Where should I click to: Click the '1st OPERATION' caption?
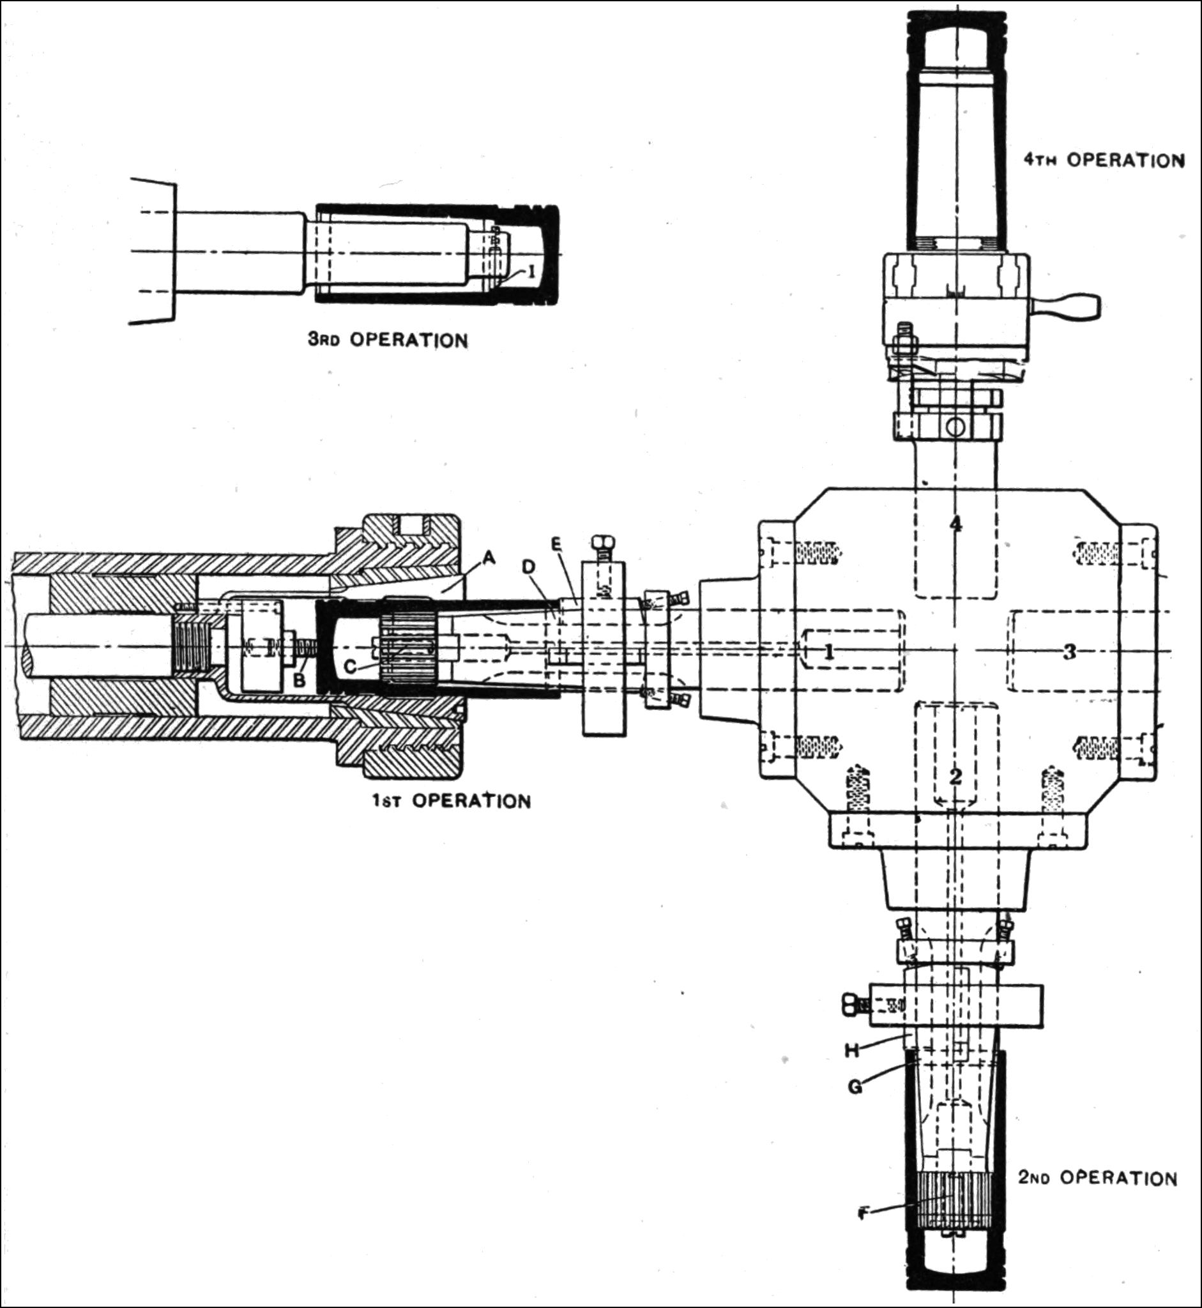coord(452,800)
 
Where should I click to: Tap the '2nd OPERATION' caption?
coord(1097,1178)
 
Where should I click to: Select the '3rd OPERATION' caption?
coord(388,340)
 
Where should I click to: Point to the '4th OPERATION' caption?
coord(1104,160)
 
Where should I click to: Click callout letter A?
coord(490,558)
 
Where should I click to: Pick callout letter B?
coord(298,680)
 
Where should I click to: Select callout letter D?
coord(530,567)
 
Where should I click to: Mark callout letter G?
coord(856,1086)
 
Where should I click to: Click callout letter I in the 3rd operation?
coord(531,271)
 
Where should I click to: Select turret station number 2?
coord(955,775)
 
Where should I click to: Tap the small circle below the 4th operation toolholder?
coord(955,427)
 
